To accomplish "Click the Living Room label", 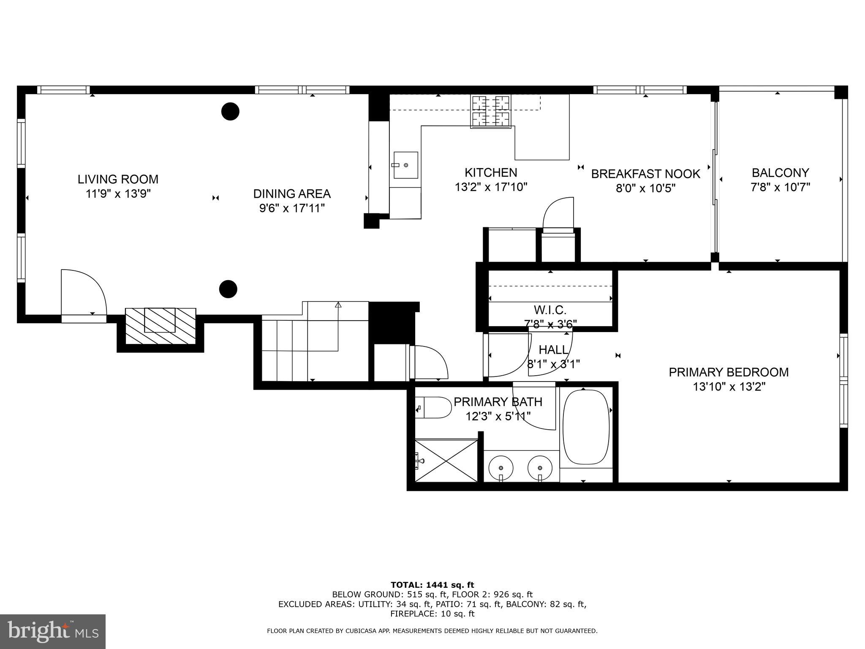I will [118, 179].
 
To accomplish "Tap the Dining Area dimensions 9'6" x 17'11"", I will [292, 208].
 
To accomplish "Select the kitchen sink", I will [405, 165].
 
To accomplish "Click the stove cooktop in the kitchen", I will [491, 112].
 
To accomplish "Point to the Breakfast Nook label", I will [645, 174].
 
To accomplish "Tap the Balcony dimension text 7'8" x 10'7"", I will [780, 187].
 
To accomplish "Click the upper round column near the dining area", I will [230, 112].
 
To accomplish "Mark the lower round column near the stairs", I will [228, 289].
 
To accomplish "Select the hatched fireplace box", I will [160, 325].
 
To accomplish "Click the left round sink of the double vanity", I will [501, 468].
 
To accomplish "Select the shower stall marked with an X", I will [446, 461].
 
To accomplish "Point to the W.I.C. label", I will [550, 310].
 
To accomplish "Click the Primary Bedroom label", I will [729, 372].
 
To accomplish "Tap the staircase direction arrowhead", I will [338, 304].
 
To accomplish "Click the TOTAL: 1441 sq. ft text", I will [432, 585].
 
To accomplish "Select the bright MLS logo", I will [53, 631].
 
